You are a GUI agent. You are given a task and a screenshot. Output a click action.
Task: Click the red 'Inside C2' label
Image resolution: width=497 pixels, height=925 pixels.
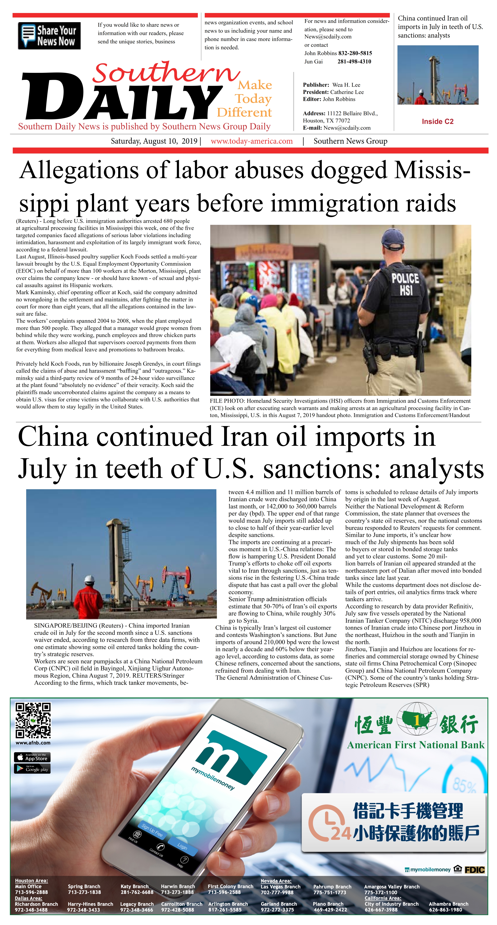437,121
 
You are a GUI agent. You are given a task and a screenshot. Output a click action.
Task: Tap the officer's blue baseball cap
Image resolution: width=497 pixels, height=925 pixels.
394,238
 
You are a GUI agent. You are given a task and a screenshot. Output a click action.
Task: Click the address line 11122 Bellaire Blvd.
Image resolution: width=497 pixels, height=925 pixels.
352,113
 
